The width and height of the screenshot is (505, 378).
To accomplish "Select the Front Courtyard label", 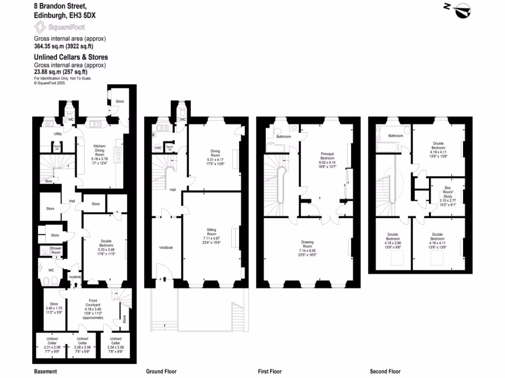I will click(x=93, y=304).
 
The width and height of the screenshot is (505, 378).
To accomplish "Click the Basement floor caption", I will click(x=45, y=372).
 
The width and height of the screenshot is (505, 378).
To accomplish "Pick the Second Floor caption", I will click(x=385, y=372).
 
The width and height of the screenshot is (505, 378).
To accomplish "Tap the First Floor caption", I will click(x=270, y=372).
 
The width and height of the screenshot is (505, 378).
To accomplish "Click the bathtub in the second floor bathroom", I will click(x=386, y=146).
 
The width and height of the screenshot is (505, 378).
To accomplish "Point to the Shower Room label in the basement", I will click(x=56, y=250).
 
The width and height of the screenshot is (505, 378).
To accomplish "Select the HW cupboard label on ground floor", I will click(x=158, y=147).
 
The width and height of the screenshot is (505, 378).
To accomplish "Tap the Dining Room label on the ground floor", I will click(x=215, y=153).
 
